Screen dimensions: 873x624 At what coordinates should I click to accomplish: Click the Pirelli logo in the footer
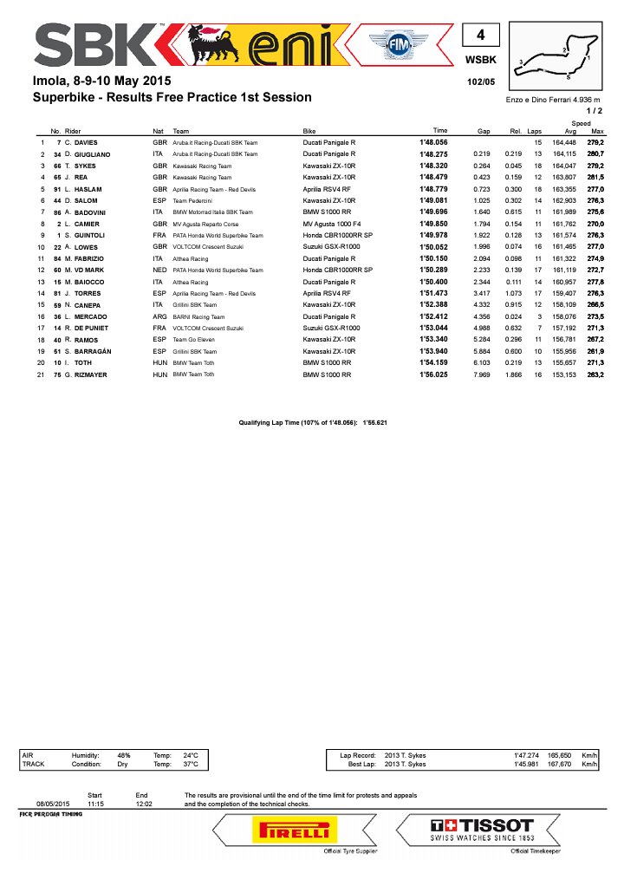click(289, 831)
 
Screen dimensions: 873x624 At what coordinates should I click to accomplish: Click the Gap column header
click(484, 131)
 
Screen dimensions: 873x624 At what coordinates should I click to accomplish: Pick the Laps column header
click(535, 131)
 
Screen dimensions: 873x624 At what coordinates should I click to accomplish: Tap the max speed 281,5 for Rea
click(595, 177)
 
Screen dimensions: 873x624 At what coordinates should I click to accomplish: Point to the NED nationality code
click(159, 270)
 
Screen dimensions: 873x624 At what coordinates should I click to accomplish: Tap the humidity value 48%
click(124, 755)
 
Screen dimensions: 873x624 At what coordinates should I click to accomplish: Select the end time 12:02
click(144, 804)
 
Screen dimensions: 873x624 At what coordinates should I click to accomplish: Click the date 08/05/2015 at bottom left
click(52, 804)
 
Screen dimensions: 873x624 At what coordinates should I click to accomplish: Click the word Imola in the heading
click(50, 81)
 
